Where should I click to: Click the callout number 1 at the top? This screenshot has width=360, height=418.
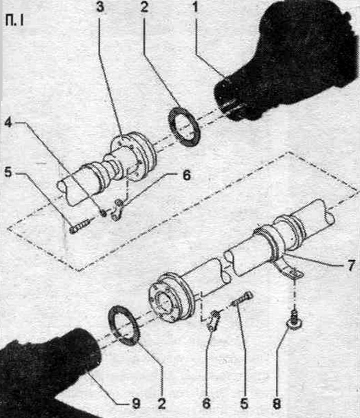pos(195,7)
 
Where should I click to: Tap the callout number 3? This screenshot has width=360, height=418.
pos(100,7)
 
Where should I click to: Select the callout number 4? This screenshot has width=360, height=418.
pos(8,123)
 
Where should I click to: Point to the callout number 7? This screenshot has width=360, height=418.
pos(351,265)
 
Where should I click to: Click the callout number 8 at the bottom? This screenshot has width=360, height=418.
pos(277,403)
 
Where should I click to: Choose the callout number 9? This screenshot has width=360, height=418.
pos(136,403)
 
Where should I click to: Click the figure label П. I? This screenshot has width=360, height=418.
pos(14,20)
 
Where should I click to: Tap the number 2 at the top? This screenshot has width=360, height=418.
pos(144,7)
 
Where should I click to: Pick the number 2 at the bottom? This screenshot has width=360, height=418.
pos(161,403)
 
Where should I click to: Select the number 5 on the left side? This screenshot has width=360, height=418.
pos(8,172)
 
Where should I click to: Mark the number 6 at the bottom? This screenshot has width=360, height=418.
pos(206,403)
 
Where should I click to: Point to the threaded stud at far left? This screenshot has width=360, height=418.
pos(79,226)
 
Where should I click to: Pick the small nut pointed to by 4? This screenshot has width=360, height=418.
pos(103,212)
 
